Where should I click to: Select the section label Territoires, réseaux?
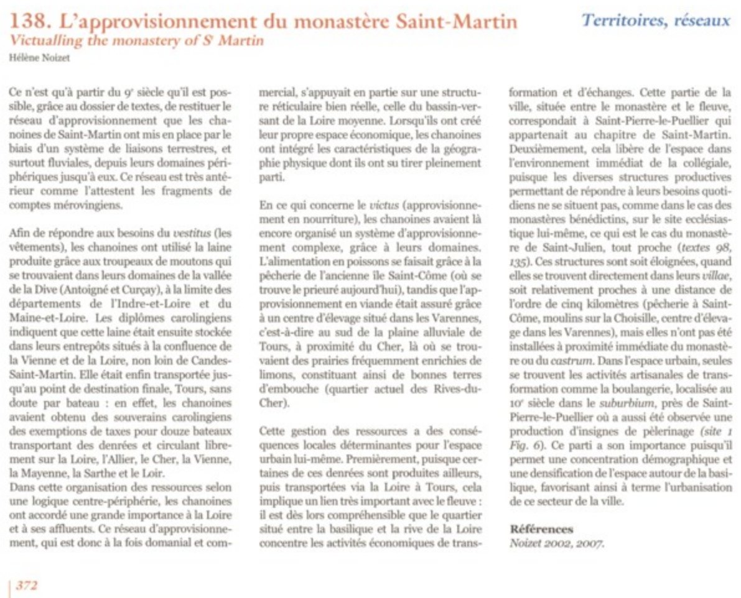(x=656, y=20)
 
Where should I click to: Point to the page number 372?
(x=27, y=585)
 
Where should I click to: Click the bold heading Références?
(x=541, y=529)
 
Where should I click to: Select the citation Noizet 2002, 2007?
(x=556, y=542)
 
